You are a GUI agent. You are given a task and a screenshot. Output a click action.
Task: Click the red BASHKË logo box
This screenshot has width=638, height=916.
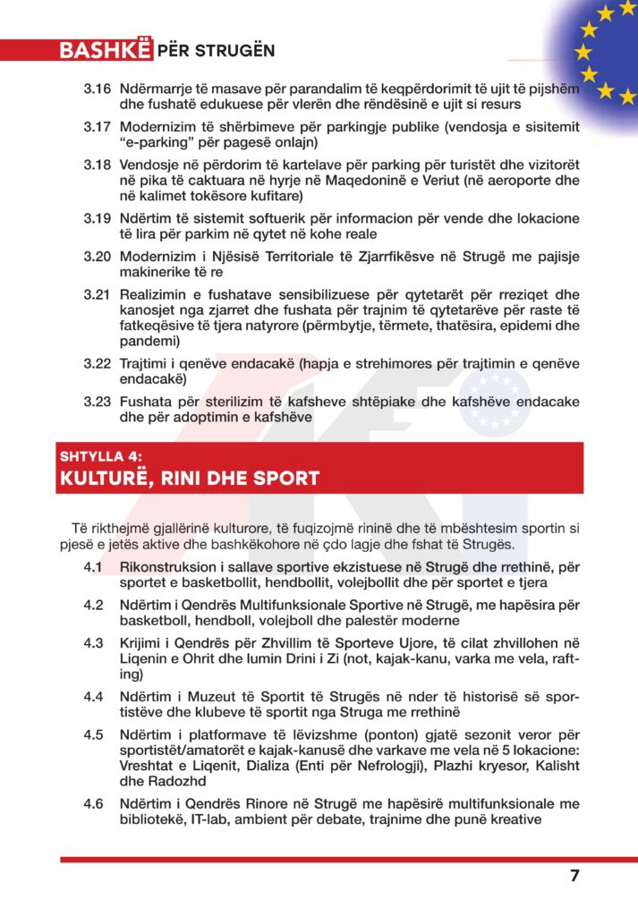tap(105, 50)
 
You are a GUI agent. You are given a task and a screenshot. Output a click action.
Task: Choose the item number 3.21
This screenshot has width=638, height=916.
tap(98, 294)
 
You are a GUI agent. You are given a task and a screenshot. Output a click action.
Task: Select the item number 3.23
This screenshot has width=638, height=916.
tap(98, 402)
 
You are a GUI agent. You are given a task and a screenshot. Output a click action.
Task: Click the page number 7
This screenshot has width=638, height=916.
tap(574, 876)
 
